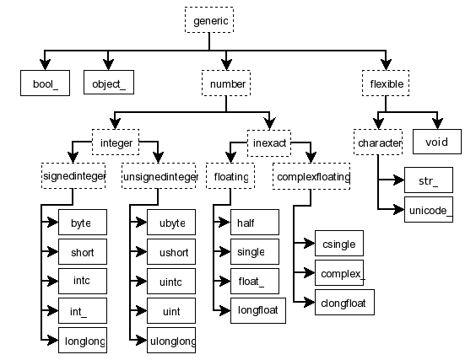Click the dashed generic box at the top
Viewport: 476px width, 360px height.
point(207,20)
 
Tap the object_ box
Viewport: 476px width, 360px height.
point(109,84)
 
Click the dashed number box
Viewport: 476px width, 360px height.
point(226,84)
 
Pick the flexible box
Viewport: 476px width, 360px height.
point(387,84)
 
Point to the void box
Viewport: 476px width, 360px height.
point(436,142)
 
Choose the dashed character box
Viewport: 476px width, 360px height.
point(379,142)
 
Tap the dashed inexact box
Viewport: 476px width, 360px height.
point(271,142)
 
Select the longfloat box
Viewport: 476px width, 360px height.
point(258,310)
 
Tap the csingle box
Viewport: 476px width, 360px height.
point(338,244)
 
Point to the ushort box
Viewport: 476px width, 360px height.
point(171,251)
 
